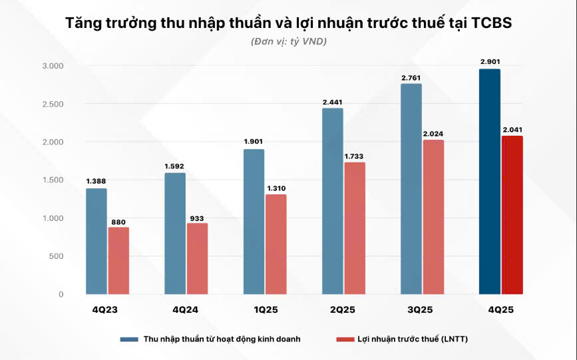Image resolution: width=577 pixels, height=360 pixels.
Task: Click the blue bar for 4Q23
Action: click(96, 241)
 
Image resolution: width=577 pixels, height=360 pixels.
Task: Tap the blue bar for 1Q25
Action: click(254, 222)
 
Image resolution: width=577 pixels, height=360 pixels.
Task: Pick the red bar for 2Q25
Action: click(354, 228)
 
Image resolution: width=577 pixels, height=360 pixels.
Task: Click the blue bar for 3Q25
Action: click(411, 188)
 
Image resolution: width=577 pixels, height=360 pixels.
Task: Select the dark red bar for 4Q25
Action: click(512, 215)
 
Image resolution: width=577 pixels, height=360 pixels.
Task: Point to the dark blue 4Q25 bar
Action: click(489, 181)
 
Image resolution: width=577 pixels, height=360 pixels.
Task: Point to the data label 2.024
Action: click(433, 133)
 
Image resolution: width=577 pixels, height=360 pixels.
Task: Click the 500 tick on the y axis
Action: click(56, 256)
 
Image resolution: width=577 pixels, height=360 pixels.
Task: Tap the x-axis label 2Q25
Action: click(342, 310)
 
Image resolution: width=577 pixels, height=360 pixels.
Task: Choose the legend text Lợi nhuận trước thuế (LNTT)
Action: click(412, 339)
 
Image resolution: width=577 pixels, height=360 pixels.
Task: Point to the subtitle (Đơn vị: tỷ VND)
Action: click(289, 42)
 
